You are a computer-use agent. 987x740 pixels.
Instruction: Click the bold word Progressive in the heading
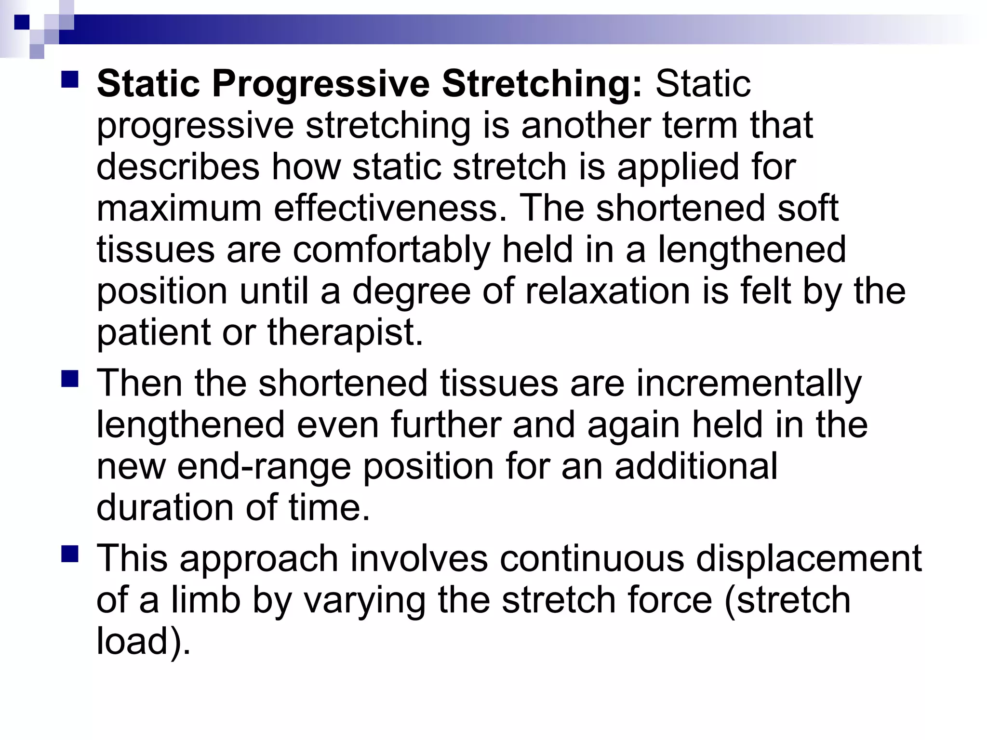tap(320, 84)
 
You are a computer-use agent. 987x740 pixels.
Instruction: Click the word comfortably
tap(391, 251)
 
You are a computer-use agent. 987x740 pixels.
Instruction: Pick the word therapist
tap(345, 333)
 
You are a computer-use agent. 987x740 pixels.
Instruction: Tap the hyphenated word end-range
tap(264, 467)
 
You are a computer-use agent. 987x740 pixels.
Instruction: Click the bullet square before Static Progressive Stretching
tap(70, 79)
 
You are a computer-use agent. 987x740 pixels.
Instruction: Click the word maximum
tap(179, 209)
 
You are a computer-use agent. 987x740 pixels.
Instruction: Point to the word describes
tap(178, 167)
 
